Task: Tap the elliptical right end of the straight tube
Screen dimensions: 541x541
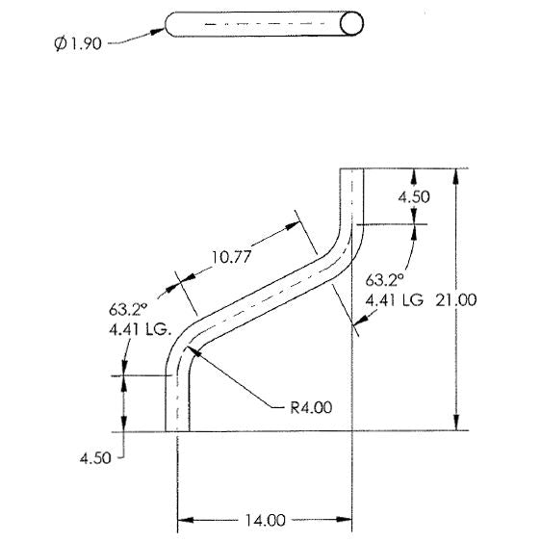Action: tap(354, 23)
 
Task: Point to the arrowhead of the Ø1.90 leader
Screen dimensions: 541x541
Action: tap(160, 30)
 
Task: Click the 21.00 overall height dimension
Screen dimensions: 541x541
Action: tap(456, 299)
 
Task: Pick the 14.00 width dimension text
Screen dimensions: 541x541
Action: tap(265, 521)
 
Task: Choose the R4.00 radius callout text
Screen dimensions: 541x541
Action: tap(311, 407)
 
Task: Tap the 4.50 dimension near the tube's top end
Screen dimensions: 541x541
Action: tap(414, 196)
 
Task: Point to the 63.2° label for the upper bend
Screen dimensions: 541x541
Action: tap(384, 281)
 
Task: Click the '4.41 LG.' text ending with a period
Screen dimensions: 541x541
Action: tap(140, 327)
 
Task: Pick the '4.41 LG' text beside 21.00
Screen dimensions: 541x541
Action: tap(395, 299)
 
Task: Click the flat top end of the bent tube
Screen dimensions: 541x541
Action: tap(351, 169)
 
